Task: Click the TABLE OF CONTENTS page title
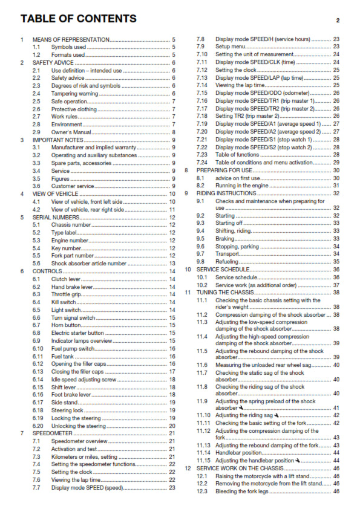pos(78,19)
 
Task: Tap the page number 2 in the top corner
pos(337,21)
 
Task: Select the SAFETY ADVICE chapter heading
pos(52,62)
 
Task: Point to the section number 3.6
pos(36,186)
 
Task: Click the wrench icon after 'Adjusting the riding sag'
pos(277,415)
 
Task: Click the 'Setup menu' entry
pos(231,47)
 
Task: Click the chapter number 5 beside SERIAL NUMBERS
pos(22,216)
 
